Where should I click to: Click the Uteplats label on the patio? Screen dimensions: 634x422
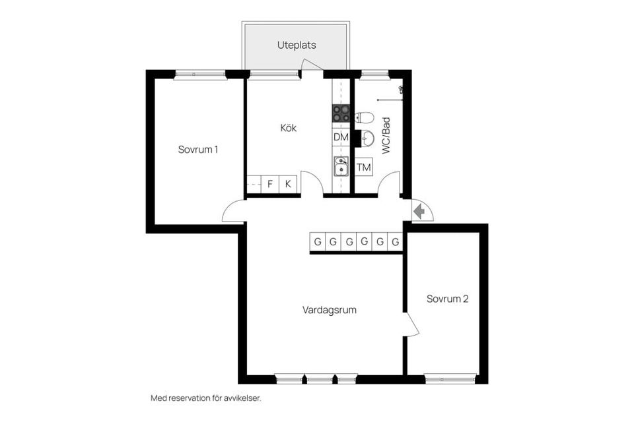coord(297,45)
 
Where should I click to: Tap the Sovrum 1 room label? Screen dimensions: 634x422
coord(198,150)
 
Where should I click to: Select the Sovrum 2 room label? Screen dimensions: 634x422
coord(447,299)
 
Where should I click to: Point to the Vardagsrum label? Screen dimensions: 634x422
coord(330,311)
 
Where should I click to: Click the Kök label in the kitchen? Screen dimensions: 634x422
coord(289,128)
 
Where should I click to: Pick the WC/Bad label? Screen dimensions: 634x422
coord(386,135)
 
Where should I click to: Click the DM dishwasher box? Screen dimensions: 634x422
coord(341,137)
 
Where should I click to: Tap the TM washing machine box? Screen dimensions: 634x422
coord(363,167)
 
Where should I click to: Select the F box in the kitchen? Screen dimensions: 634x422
coord(270,184)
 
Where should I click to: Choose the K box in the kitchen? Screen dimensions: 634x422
coord(288,184)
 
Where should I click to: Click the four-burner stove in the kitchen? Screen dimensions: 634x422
coord(341,113)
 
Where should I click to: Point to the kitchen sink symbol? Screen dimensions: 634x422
coord(341,166)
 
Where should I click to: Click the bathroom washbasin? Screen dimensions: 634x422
coord(367,138)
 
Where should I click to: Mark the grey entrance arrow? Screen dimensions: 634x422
coord(419,211)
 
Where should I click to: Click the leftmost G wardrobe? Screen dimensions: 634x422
coord(318,242)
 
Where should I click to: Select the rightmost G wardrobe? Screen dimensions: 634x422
coord(395,242)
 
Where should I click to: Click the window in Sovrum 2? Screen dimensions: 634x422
coord(450,378)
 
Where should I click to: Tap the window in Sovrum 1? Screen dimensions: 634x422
coord(200,75)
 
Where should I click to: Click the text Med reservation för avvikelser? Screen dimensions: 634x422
coord(206,398)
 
